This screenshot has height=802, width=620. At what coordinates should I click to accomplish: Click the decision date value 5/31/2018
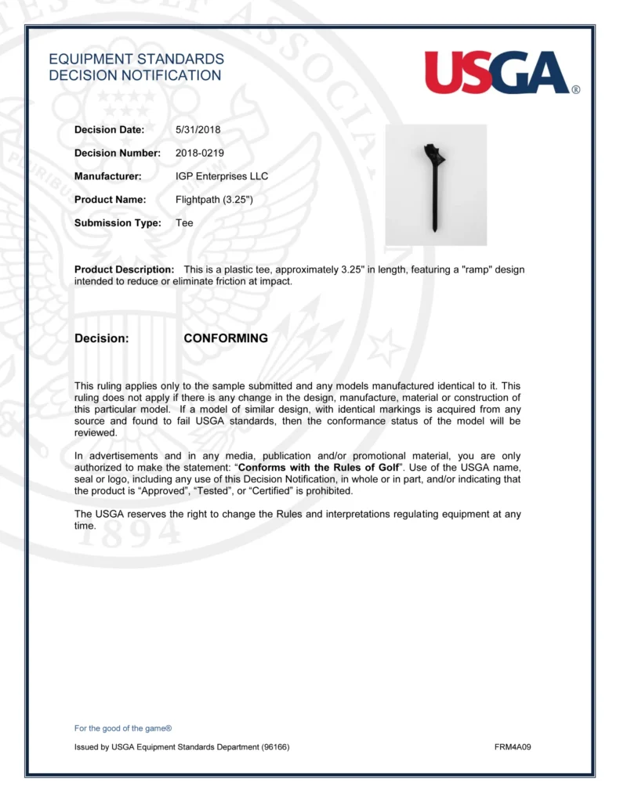tap(198, 129)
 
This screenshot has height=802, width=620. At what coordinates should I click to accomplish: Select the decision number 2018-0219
tap(200, 153)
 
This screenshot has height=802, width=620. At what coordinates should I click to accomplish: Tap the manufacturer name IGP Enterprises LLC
tap(222, 176)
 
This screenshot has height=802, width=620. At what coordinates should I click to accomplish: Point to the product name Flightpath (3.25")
tap(214, 200)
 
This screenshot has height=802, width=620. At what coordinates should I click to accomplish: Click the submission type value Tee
tap(184, 223)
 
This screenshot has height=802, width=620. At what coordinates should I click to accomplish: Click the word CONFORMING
tap(226, 338)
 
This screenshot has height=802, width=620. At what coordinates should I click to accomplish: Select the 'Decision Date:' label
tap(109, 129)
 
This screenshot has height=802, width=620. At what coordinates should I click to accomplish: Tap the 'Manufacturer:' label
tap(107, 176)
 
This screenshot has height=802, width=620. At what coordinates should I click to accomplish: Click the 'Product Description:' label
tap(124, 269)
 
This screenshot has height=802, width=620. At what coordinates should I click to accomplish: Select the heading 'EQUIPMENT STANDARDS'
tap(136, 60)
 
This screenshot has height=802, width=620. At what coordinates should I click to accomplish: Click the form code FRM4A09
tap(513, 747)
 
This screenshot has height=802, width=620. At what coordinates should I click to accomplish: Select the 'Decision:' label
tap(101, 338)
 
